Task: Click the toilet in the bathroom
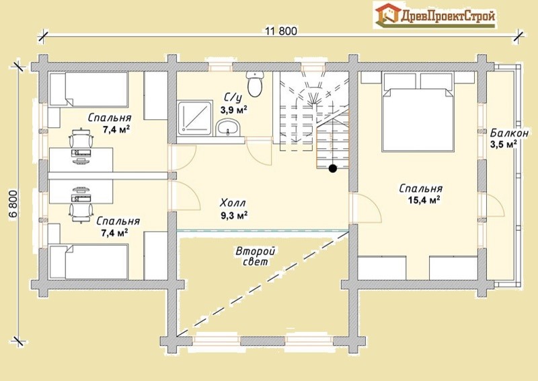coord(255,84)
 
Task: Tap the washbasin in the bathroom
coord(228,127)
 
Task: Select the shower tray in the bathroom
coord(195,118)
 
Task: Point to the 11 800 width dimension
coord(281,31)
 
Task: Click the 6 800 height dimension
coord(13,204)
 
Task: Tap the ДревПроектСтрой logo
coord(435,15)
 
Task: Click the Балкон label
coord(509,133)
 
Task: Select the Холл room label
coord(233,203)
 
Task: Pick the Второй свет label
coord(256,256)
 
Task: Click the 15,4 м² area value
coord(424,200)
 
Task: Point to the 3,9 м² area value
coord(234,110)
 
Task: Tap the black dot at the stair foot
coord(332,168)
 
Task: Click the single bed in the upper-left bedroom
coord(89,89)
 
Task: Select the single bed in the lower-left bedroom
coord(89,262)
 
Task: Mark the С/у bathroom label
coord(233,98)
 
